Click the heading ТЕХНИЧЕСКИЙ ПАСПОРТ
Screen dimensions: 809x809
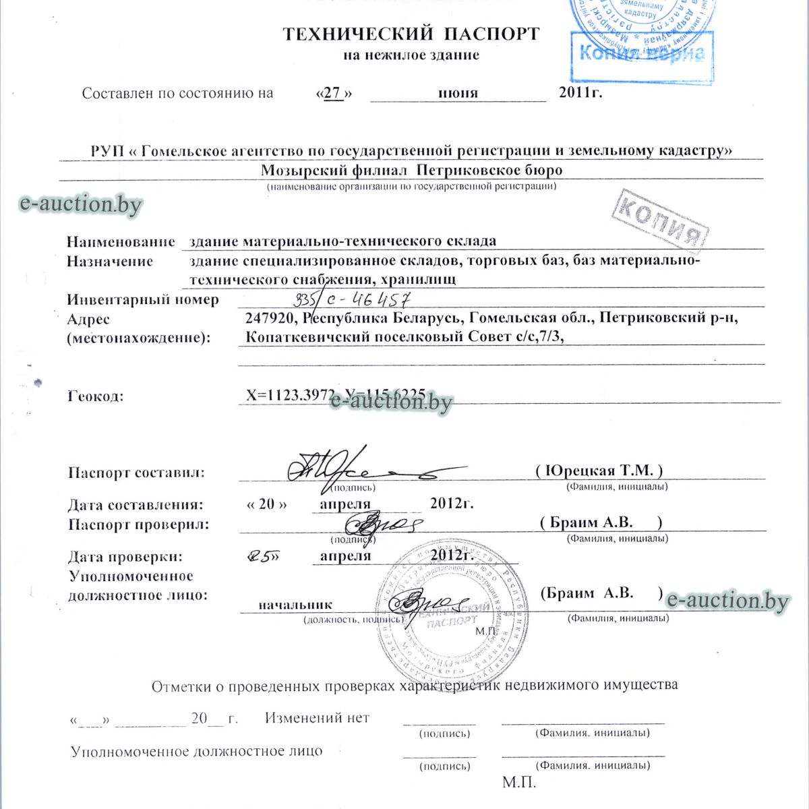point(411,33)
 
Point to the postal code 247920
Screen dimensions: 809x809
point(272,318)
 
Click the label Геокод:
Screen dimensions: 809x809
point(96,396)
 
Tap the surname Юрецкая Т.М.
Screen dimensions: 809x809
point(599,471)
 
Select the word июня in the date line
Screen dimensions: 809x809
point(458,93)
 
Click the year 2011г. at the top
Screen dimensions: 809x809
point(580,92)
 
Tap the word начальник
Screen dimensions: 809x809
point(295,605)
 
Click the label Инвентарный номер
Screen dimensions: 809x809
point(143,299)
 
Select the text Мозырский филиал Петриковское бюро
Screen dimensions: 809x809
point(411,170)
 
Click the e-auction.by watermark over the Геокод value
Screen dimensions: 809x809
point(392,402)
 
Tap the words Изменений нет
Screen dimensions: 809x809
point(317,718)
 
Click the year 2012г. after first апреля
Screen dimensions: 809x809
point(451,503)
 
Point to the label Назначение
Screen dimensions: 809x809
point(110,262)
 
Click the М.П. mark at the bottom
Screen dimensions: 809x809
point(519,783)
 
